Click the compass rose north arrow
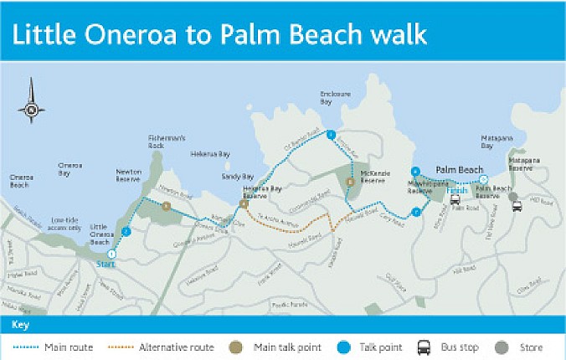click(32, 100)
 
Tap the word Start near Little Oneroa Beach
click(105, 264)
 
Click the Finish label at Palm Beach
click(456, 190)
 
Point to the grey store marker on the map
click(513, 198)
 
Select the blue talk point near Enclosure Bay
click(332, 134)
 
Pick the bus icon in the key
click(424, 347)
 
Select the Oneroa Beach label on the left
click(22, 180)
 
